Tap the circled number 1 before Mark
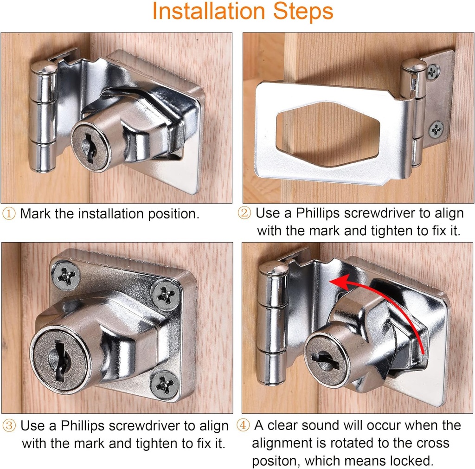pos(9,214)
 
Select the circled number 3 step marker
pos(9,426)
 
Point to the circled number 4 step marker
pos(243,425)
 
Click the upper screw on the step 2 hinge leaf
pos(433,71)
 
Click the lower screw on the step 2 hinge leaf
pos(436,129)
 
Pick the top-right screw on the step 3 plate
pos(165,295)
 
